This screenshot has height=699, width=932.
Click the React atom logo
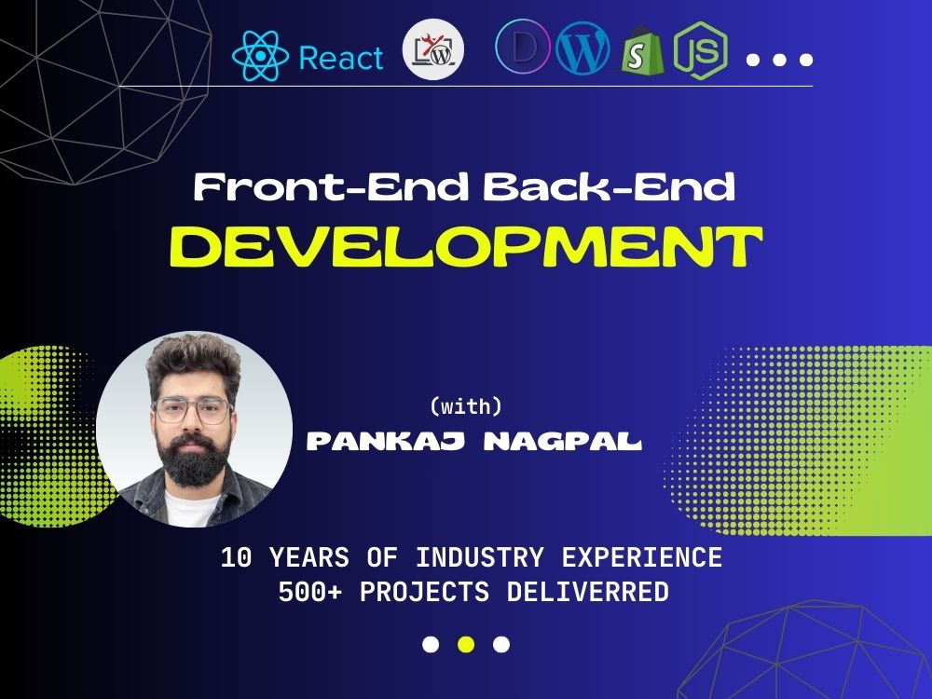[260, 56]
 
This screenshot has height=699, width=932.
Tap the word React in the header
[340, 59]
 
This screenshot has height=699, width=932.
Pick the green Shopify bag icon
[643, 54]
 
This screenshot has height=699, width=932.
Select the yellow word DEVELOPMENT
[466, 245]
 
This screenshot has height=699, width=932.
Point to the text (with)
[465, 406]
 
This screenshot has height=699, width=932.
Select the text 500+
[308, 592]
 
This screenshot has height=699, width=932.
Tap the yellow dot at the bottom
[466, 644]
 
